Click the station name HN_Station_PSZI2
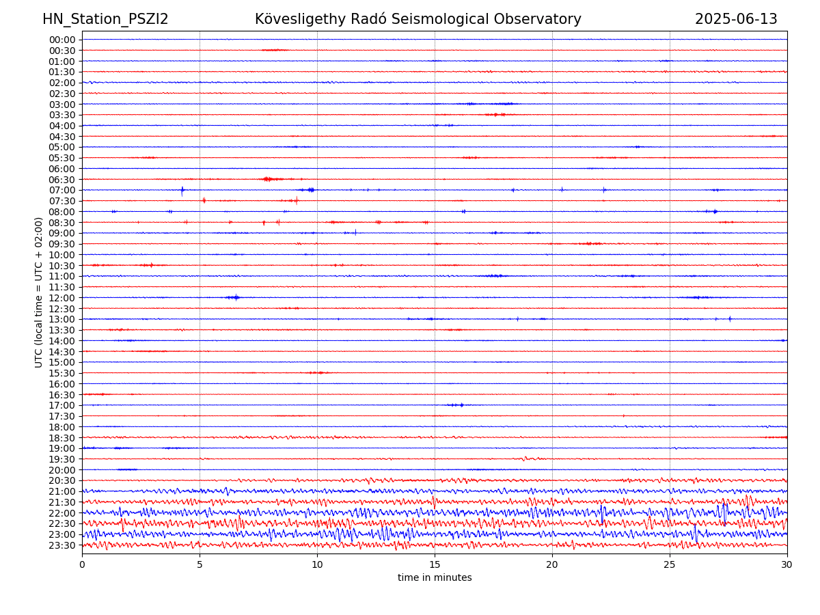point(105,19)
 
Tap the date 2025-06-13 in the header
point(736,19)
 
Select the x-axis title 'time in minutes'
point(435,577)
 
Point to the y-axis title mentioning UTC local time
point(39,292)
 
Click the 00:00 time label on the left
point(62,40)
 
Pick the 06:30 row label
point(62,179)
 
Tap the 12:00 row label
point(62,298)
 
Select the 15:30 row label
point(62,373)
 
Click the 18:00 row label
point(62,427)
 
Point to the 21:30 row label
point(62,502)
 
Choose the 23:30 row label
point(62,545)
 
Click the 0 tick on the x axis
point(82,564)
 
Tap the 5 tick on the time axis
point(200,564)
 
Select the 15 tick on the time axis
point(435,564)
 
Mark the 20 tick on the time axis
point(552,564)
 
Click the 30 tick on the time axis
point(787,564)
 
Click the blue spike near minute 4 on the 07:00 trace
point(182,191)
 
